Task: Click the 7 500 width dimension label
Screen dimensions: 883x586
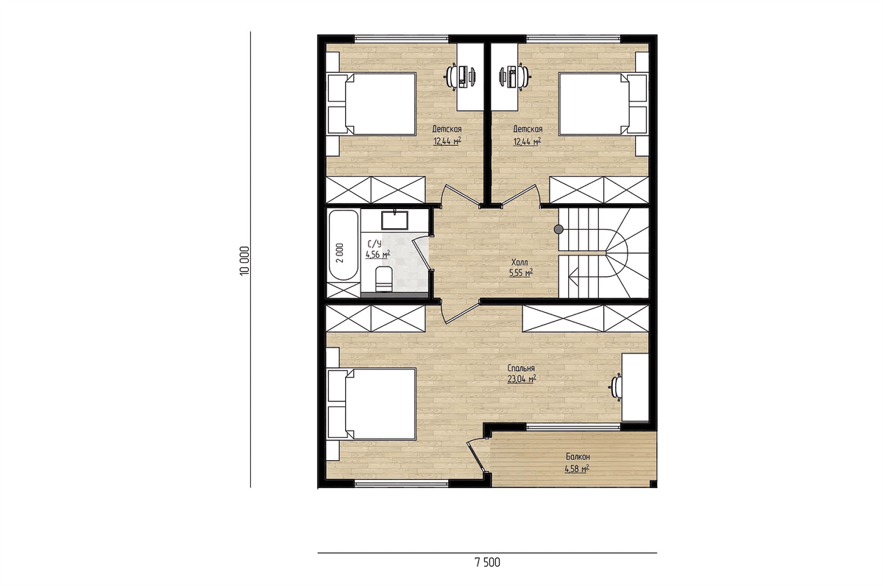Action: tap(488, 562)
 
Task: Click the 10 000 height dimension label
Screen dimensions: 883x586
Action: tap(244, 261)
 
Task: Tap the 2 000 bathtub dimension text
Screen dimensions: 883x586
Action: tap(339, 253)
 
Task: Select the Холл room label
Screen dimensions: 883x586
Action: tap(519, 262)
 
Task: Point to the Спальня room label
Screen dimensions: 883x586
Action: tap(521, 368)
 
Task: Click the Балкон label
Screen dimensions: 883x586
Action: tap(578, 456)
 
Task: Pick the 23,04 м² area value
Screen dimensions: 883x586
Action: tap(522, 379)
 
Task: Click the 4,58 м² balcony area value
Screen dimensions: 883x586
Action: tap(577, 469)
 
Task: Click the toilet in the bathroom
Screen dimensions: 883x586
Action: tap(383, 279)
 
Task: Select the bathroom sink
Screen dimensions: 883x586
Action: tap(394, 220)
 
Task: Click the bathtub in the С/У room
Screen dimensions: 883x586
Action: tap(344, 245)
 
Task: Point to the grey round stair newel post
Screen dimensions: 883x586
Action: tap(558, 229)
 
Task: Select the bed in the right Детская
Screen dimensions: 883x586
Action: tap(603, 104)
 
